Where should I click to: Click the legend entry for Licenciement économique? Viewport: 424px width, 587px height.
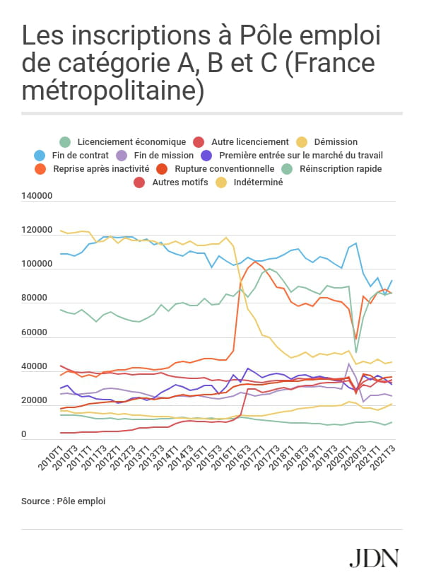click(122, 141)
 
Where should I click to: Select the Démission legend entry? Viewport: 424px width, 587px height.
click(329, 141)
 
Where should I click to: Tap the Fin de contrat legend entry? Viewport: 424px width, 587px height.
click(78, 155)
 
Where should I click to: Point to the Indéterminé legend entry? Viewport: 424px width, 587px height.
click(253, 182)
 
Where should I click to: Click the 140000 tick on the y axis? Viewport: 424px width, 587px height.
click(39, 196)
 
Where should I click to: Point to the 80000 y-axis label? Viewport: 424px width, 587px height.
click(42, 298)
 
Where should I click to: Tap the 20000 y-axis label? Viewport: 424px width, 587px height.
click(42, 401)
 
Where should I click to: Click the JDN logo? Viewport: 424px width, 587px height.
click(375, 557)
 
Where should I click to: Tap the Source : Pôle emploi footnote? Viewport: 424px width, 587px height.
click(64, 501)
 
